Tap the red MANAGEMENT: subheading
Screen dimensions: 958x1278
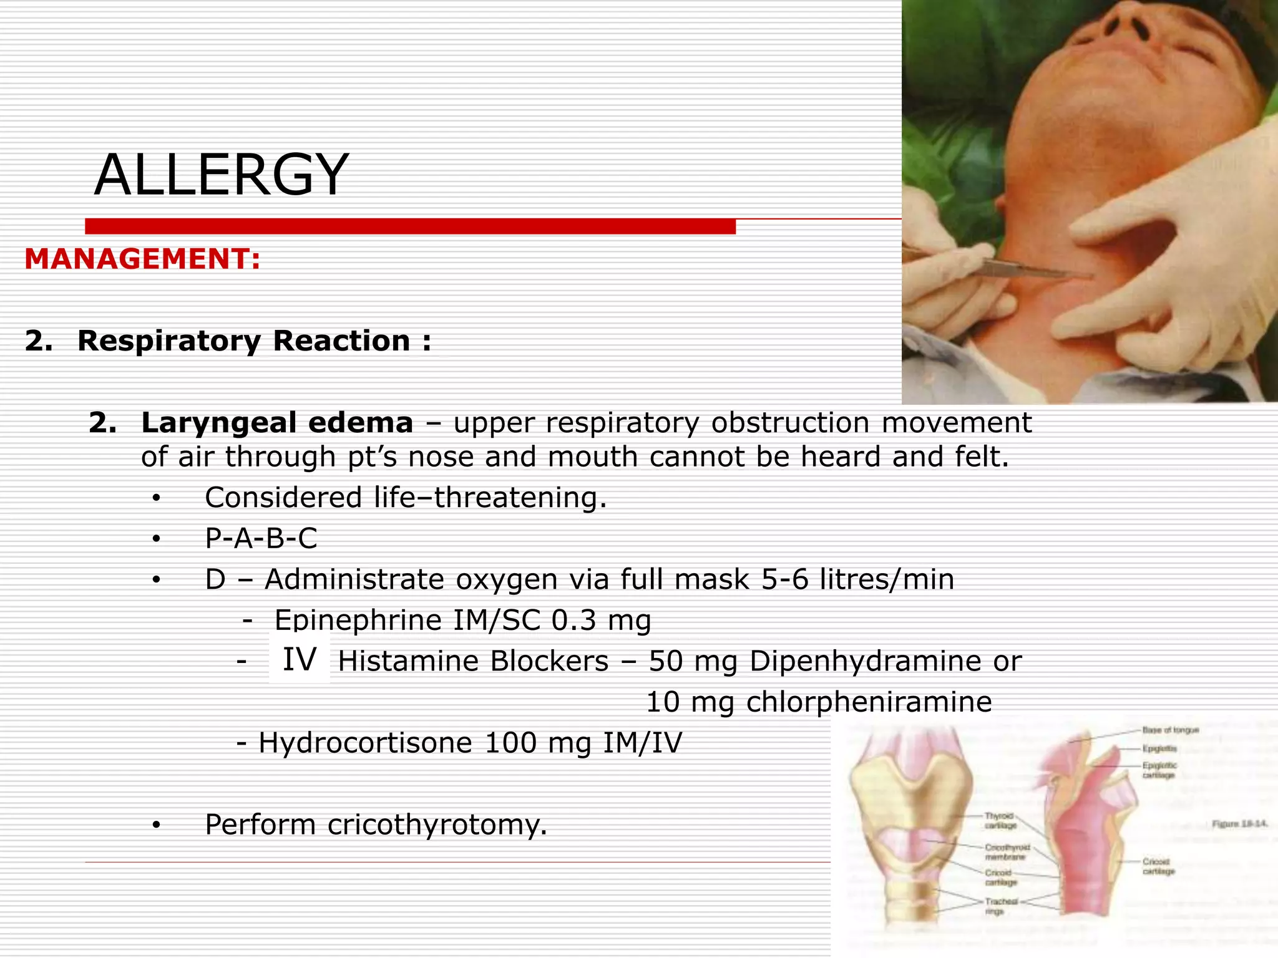coord(142,259)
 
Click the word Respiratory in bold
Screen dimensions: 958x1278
coord(169,341)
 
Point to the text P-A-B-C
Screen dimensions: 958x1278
coord(261,538)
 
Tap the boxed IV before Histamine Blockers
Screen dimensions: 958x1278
coord(300,660)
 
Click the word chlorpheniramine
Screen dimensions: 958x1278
coord(869,702)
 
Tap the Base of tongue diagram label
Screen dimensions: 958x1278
coord(1170,730)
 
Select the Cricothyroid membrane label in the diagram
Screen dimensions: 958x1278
coord(1007,852)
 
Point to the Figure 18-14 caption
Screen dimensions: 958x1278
coord(1239,824)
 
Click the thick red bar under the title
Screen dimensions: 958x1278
coord(410,226)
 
